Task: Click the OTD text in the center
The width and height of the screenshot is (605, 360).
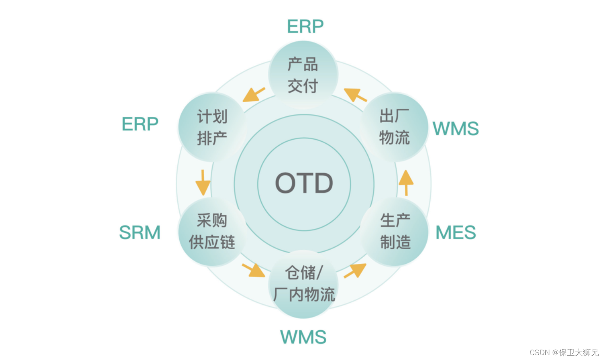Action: point(304,184)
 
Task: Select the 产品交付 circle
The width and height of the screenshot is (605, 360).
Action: point(303,75)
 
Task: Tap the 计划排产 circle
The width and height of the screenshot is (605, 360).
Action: point(212,127)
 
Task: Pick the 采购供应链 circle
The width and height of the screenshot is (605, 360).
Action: point(212,232)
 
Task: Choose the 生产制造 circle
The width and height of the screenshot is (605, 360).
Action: point(395,232)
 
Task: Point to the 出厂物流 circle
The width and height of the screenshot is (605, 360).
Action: point(395,127)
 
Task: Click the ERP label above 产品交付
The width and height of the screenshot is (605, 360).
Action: point(305,27)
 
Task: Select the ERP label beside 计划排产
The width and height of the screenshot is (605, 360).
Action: point(140,124)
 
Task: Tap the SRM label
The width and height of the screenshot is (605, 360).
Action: point(140,233)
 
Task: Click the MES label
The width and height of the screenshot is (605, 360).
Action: point(456,233)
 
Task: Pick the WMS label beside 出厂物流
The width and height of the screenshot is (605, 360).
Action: point(456,129)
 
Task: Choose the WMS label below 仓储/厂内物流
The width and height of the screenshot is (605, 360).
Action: point(303,337)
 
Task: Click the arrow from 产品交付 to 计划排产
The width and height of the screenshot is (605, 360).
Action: point(254,95)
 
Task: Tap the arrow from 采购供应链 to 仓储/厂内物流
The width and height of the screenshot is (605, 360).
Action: point(253,270)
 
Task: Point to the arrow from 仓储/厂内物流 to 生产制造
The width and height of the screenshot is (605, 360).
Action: point(355,270)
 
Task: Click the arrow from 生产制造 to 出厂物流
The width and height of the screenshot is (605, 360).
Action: point(406,182)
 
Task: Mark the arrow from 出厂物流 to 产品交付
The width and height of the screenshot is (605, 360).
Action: point(355,95)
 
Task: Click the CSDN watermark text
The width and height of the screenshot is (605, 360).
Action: point(564,352)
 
